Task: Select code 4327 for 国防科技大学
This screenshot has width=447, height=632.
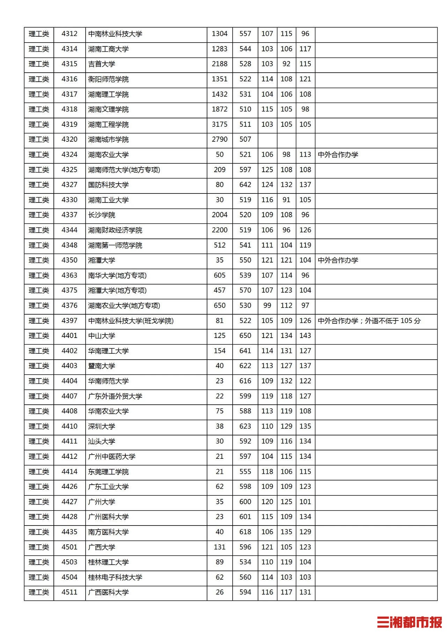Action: click(69, 185)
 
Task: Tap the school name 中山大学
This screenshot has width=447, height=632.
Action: click(102, 336)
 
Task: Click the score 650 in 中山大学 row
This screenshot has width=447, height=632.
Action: click(245, 336)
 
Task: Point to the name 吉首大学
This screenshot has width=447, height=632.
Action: click(102, 64)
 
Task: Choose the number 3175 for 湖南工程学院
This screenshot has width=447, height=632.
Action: click(219, 124)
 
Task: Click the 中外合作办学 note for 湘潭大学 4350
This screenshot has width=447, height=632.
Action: click(338, 260)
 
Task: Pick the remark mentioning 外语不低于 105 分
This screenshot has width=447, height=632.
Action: click(369, 321)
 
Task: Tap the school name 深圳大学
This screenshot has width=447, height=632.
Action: click(102, 426)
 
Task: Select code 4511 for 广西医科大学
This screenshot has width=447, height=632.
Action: click(69, 592)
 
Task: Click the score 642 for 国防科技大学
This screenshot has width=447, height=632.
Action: click(245, 185)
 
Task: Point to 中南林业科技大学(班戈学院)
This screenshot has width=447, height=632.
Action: click(131, 321)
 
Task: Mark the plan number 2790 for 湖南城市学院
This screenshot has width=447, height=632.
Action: click(219, 140)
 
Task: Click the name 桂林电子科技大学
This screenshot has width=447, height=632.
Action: click(115, 577)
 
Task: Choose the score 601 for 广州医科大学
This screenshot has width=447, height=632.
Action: click(245, 517)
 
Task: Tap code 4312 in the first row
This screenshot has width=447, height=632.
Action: click(69, 34)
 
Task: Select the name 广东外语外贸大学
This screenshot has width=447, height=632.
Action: click(115, 396)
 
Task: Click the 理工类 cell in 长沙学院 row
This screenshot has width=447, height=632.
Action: click(39, 215)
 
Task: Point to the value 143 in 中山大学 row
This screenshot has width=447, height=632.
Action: click(305, 336)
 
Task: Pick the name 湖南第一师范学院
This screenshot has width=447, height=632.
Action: click(115, 245)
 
